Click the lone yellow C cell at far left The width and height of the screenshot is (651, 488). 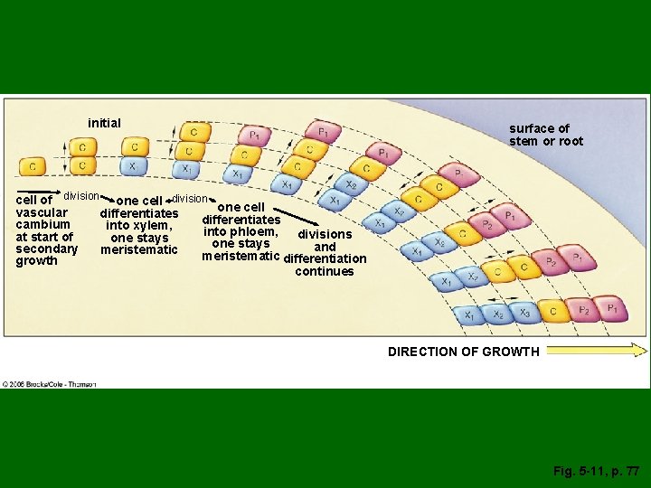pos(33,166)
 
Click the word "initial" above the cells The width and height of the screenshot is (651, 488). pos(104,123)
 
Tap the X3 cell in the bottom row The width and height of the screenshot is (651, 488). pos(524,313)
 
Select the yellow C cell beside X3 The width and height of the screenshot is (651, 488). pos(554,312)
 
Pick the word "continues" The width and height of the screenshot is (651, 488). pos(324,271)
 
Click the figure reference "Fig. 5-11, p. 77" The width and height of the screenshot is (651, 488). pos(597,471)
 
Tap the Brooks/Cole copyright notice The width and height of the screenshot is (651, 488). pos(50,384)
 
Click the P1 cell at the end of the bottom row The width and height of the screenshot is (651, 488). pos(611,309)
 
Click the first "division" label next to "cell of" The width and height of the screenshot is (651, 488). pos(81,196)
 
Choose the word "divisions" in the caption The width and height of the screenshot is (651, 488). pos(318,235)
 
